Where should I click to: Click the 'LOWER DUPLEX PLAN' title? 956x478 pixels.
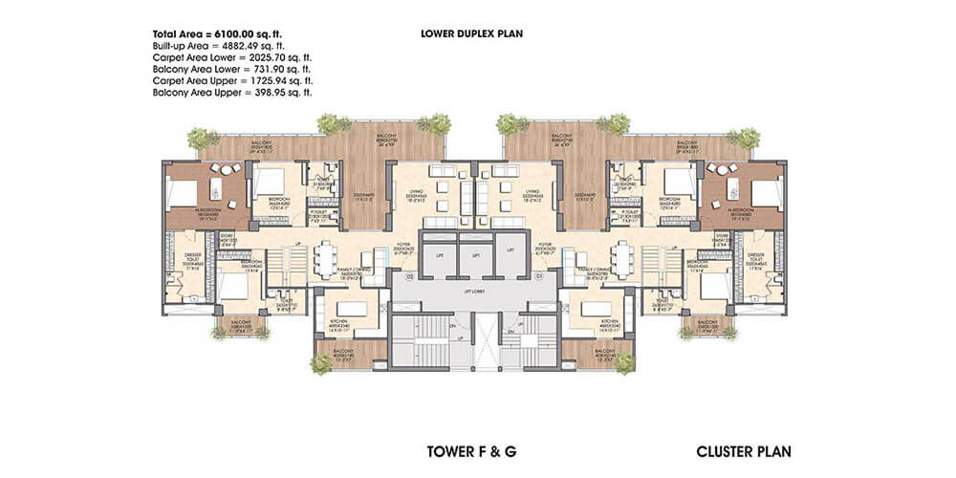[x=471, y=34]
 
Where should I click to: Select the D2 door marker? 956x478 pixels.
[x=409, y=276]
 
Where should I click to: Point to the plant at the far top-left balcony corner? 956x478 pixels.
[x=198, y=140]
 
